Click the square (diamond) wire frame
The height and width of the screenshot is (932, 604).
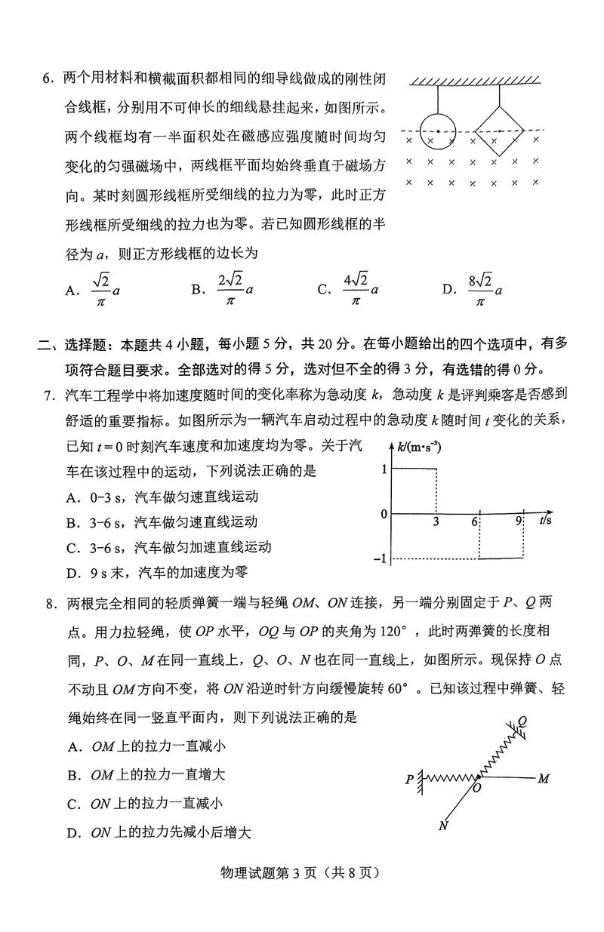pyautogui.click(x=499, y=131)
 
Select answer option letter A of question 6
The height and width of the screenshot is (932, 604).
pyautogui.click(x=72, y=290)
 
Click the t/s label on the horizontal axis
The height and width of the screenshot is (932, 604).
pyautogui.click(x=547, y=521)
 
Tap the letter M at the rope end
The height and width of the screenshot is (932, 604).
pyautogui.click(x=543, y=778)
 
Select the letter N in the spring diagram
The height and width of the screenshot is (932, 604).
pyautogui.click(x=442, y=825)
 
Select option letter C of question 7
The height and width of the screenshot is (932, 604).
pyautogui.click(x=73, y=547)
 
